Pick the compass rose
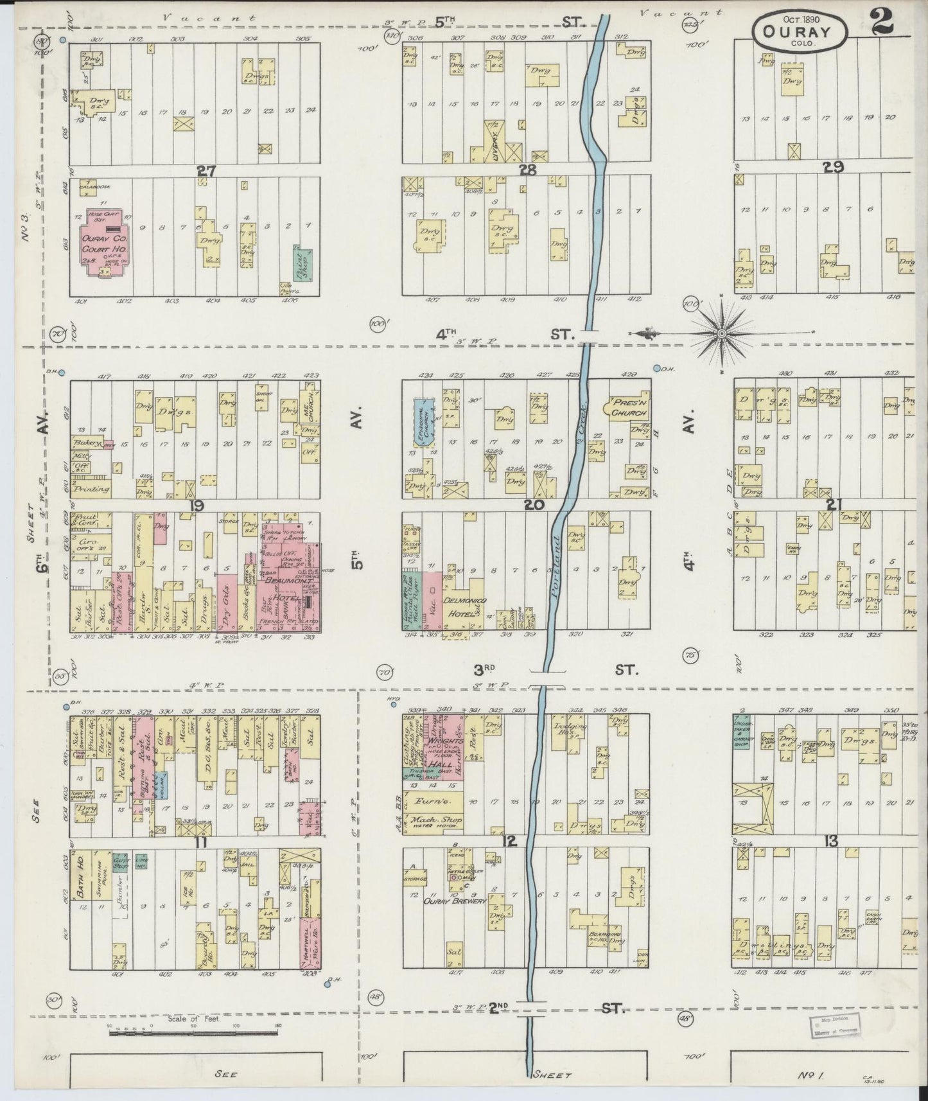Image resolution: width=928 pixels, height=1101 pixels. pos(721,333)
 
